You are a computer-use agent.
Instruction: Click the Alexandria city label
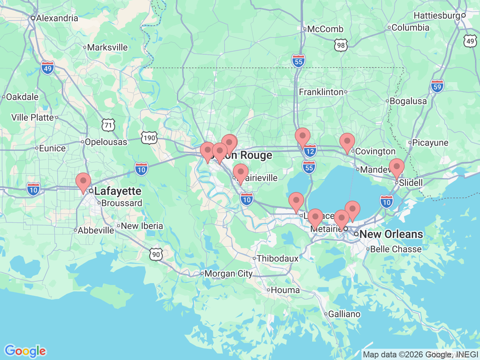click(57, 18)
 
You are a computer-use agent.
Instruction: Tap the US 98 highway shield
click(340, 45)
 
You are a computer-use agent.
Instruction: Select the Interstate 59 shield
click(437, 86)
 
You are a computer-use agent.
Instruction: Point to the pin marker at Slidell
click(396, 167)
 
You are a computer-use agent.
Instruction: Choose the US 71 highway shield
click(108, 125)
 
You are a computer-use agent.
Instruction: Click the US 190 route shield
click(149, 138)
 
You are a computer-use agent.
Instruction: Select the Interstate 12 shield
click(310, 151)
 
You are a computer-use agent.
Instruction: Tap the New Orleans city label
click(391, 234)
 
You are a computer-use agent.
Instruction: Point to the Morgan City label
click(228, 274)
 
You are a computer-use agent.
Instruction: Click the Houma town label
click(285, 290)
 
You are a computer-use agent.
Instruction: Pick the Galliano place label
click(344, 314)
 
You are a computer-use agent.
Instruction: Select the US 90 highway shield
click(156, 255)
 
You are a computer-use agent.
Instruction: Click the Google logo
click(25, 351)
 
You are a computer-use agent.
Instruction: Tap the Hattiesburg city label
click(437, 15)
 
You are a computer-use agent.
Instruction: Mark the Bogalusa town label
click(408, 101)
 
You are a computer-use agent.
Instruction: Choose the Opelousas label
click(106, 142)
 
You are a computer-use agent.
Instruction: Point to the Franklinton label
click(321, 92)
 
